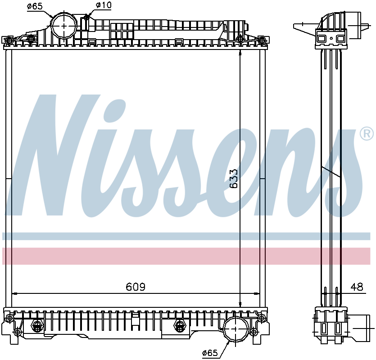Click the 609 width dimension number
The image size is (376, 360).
click(x=136, y=287)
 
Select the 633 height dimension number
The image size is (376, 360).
click(x=233, y=179)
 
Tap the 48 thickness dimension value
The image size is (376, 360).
click(x=357, y=287)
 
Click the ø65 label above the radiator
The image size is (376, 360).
click(x=35, y=6)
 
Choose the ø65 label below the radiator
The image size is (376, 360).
click(x=210, y=353)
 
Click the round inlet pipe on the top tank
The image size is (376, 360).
click(x=64, y=26)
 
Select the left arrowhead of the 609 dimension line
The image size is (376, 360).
click(x=14, y=293)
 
